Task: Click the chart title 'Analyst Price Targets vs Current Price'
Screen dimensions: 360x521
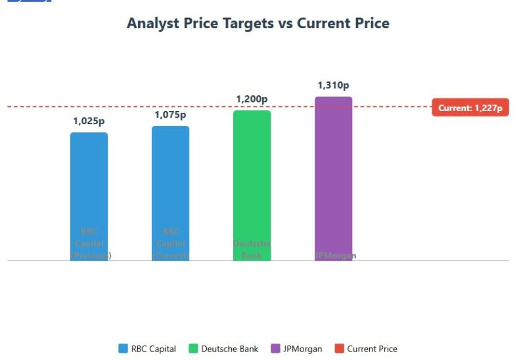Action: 258,24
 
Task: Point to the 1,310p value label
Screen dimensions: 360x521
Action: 333,85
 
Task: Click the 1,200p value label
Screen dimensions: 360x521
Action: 252,99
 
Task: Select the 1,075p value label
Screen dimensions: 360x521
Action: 170,115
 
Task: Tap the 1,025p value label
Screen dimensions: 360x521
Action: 89,121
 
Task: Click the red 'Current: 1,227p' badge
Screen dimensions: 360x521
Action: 470,108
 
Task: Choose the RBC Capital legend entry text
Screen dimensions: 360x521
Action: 154,349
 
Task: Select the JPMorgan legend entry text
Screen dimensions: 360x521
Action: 302,349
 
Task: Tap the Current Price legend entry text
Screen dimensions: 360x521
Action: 372,349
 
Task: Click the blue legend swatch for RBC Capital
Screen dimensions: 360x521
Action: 123,349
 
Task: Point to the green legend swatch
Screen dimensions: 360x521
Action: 193,349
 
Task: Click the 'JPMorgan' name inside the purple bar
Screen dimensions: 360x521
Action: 335,256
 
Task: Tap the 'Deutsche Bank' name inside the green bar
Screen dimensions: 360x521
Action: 252,249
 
